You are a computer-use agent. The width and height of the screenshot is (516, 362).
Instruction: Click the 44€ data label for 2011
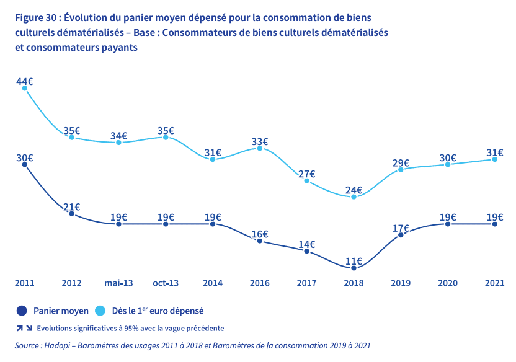25,82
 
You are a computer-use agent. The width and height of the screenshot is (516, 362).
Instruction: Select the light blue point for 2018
354,196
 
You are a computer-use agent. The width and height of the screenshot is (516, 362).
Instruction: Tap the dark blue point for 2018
354,268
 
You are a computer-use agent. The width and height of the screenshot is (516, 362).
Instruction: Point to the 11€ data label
354,262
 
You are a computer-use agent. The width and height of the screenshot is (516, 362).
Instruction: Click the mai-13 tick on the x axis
118,283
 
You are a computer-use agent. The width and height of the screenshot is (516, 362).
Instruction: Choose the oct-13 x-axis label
166,283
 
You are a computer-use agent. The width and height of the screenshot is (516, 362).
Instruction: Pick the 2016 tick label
260,283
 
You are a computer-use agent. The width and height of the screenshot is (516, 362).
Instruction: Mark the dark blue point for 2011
25,164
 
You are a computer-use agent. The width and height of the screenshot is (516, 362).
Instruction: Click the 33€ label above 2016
260,141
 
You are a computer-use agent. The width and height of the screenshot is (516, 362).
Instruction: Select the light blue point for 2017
306,180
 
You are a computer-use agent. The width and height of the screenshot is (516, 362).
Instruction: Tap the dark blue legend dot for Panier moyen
21,311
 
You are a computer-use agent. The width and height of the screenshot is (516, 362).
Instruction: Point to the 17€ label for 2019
401,228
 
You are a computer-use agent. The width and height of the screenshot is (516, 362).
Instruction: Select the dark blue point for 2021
494,224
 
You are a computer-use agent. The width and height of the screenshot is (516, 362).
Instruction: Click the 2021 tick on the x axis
494,283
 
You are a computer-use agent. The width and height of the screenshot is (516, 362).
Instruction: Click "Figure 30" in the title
37,17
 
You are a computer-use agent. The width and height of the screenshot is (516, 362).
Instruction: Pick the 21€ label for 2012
72,207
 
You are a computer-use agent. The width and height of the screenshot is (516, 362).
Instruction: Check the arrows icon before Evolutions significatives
25,328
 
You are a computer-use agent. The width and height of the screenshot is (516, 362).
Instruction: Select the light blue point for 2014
213,159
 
